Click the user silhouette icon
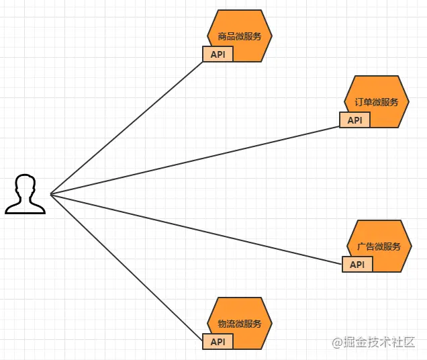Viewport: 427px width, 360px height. coord(26,195)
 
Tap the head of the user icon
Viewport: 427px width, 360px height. coord(26,185)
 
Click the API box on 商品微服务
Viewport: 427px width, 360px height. coord(218,54)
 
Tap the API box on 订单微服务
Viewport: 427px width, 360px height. coord(354,120)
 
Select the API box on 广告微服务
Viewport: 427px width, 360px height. coord(357,265)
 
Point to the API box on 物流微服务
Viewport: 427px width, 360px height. coord(218,342)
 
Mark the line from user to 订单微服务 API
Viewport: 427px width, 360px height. coord(195,161)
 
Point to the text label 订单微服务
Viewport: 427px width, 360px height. coord(377,102)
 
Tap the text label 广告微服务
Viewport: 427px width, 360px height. coord(379,246)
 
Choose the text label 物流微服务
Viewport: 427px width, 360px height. coord(240,324)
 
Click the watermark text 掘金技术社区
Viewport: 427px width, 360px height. coord(380,342)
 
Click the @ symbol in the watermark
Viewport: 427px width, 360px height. coord(338,343)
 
